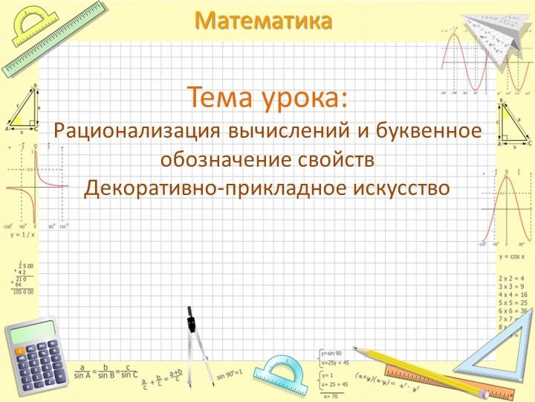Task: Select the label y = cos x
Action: pyautogui.click(x=516, y=256)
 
